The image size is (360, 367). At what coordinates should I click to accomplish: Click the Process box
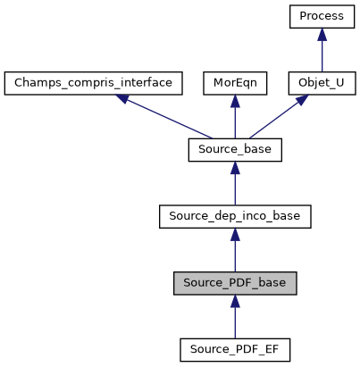coord(322,17)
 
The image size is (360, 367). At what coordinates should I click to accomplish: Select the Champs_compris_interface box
coord(94,83)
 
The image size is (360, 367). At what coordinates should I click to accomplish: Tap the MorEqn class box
coord(234,83)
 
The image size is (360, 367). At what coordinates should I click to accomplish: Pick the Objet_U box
coord(322,83)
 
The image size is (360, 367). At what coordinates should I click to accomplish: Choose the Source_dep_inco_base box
coord(235,215)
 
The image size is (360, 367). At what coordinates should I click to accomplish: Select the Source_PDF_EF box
coord(235,348)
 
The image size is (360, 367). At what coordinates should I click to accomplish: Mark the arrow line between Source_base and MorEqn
coord(235,121)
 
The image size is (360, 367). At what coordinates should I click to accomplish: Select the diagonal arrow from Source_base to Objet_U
coord(277,117)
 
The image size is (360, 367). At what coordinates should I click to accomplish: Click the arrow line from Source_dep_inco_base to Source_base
coord(235,187)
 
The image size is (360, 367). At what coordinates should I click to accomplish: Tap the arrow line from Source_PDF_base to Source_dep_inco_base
coord(235,253)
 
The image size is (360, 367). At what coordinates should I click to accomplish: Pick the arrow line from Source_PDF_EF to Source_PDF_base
coord(235,319)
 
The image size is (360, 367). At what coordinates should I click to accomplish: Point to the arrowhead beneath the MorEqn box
coord(235,101)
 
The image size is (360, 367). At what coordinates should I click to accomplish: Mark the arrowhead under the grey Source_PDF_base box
coord(235,301)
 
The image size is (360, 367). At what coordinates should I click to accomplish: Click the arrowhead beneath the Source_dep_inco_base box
coord(235,234)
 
